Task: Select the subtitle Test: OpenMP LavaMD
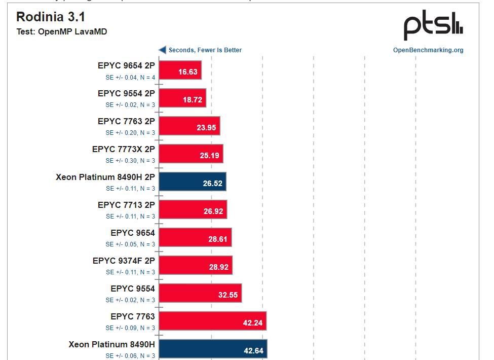61,32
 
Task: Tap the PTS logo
433,26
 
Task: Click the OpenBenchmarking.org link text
428,50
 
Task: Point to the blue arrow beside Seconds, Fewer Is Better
163,50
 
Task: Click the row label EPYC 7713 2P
126,205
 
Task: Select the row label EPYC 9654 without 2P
133,233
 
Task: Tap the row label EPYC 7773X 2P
123,150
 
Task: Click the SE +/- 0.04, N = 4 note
130,77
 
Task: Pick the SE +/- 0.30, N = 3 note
130,161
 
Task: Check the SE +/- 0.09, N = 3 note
130,328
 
